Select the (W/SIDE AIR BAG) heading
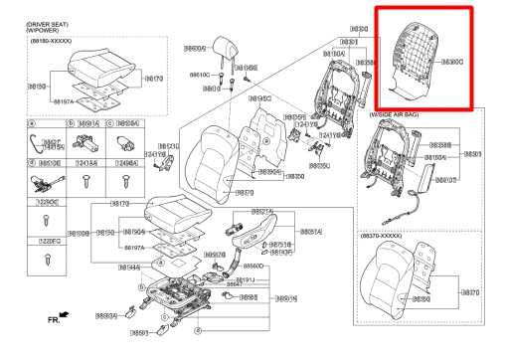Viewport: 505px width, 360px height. coord(399,115)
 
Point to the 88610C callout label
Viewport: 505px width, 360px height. coord(199,75)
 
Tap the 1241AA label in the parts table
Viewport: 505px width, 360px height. coord(85,163)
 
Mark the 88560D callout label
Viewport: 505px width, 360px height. coord(253,267)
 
